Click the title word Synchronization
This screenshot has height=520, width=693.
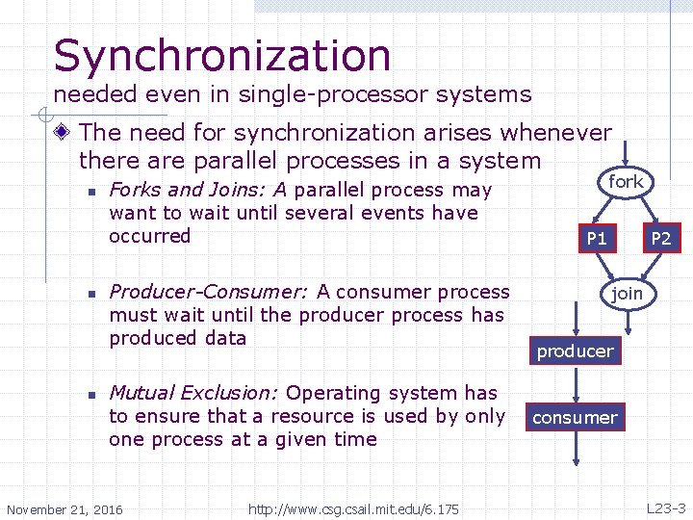222,56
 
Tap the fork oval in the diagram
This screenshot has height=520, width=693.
626,181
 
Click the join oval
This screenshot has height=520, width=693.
627,293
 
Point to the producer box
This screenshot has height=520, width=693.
575,351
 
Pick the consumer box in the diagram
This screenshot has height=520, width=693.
575,417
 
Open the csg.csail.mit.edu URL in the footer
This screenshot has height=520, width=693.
353,508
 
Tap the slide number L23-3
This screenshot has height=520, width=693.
665,508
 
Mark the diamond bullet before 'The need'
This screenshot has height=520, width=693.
64,133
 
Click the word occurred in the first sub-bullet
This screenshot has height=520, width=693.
150,236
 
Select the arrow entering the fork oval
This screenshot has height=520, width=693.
626,152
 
